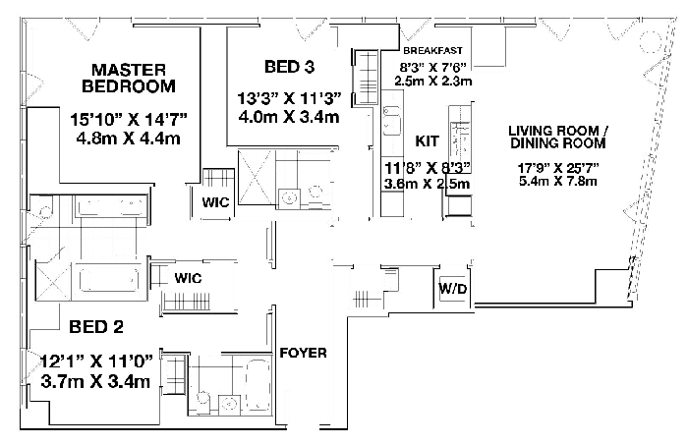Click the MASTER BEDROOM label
pos(129,78)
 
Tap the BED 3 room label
pos(290,67)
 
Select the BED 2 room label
pos(96,326)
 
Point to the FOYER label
pos(303,353)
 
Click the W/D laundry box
pos(453,289)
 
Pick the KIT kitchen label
pos(427,141)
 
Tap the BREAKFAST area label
pos(433,50)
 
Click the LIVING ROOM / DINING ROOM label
pos(558,137)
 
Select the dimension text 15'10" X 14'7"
pos(129,119)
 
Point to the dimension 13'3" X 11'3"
pos(289,98)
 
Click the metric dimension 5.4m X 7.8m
pos(558,181)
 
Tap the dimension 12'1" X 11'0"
pos(97,362)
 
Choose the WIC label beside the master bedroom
pos(215,202)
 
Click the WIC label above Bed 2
pos(188,278)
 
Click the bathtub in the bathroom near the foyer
pos(257,384)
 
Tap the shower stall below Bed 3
pos(255,177)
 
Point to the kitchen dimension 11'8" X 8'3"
pos(427,167)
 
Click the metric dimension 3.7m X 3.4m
pos(95,381)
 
